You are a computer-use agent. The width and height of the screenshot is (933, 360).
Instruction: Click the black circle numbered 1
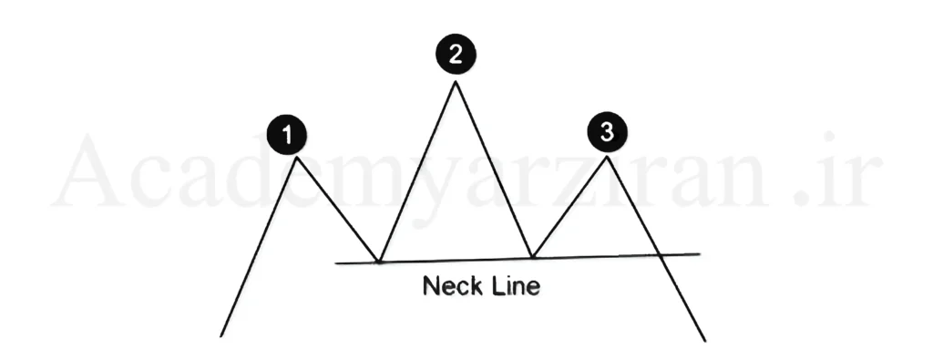click(287, 135)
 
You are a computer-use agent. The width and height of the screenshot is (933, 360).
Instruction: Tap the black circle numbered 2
click(456, 54)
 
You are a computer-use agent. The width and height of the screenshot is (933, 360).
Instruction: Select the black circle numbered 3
click(607, 132)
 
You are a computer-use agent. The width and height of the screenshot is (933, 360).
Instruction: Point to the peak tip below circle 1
click(296, 157)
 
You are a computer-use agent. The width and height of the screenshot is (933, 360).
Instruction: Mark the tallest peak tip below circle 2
click(456, 81)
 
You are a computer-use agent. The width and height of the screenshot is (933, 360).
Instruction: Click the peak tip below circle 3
click(607, 157)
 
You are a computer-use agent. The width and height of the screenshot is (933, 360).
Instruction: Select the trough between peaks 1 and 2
click(378, 261)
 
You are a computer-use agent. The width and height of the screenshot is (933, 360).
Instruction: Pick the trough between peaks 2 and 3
click(532, 256)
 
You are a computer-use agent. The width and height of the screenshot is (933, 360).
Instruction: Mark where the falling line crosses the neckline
click(660, 254)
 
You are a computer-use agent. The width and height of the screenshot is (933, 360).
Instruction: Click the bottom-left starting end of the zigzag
click(220, 336)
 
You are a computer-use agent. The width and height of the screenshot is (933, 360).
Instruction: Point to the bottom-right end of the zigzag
click(705, 341)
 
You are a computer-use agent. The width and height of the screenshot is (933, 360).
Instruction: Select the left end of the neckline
click(336, 262)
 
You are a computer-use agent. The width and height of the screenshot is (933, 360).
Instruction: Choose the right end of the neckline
click(700, 254)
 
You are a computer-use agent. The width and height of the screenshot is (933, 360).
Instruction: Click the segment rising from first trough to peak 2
click(417, 171)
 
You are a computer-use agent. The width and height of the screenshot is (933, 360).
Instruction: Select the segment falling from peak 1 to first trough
click(337, 209)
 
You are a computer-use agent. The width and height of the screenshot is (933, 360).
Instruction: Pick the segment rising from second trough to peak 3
click(569, 207)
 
